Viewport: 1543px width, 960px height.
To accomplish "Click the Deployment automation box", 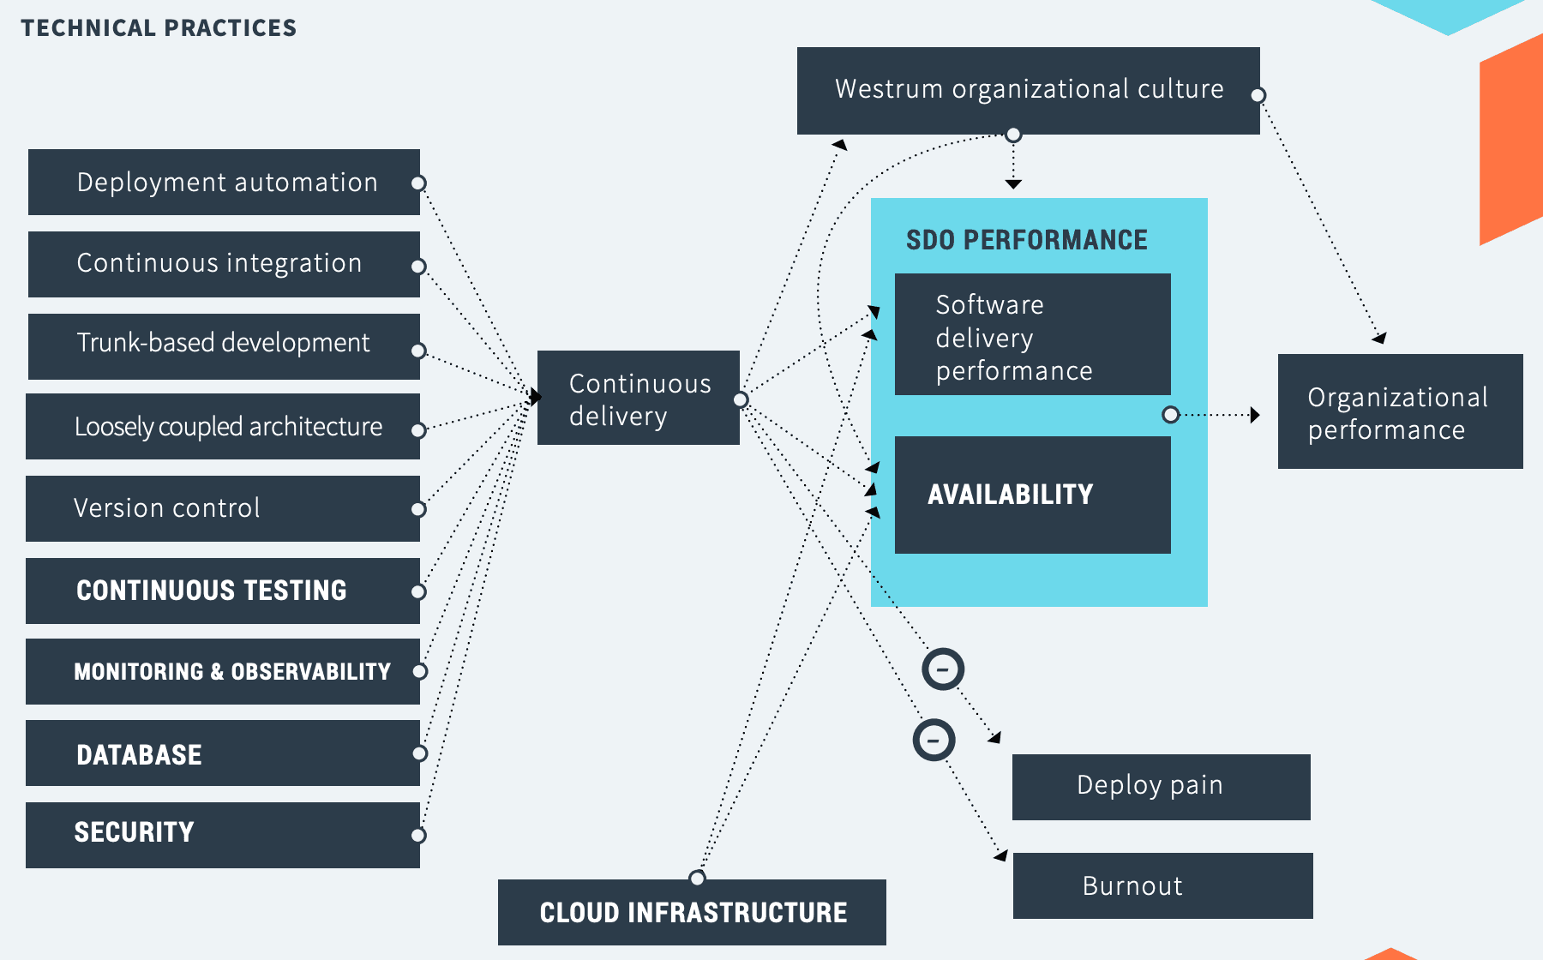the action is point(224,183).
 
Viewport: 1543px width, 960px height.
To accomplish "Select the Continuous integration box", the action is point(224,264).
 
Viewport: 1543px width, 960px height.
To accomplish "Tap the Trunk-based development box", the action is point(224,346).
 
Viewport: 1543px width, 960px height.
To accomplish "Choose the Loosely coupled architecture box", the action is point(223,426).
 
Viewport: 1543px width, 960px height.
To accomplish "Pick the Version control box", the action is point(223,508).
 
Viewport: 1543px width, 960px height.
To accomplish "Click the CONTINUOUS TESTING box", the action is point(223,591).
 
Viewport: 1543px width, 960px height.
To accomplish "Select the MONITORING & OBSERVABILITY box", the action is point(223,671).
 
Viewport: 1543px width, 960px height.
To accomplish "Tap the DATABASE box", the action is point(223,753).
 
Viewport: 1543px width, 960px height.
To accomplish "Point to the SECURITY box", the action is point(223,835).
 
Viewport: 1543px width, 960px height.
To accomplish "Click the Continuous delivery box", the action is point(639,398).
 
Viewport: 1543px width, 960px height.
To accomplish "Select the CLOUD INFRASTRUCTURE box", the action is point(692,912).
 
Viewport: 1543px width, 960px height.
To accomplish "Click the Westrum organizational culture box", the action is point(1029,91).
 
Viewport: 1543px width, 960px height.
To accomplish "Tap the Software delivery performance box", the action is point(1033,334).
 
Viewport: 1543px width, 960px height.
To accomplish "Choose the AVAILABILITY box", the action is point(1033,495).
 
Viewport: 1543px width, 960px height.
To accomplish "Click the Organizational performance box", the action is point(1401,411).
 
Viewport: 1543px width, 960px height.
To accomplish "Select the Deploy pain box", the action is point(1162,787).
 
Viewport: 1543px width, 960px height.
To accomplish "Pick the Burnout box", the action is point(1163,885).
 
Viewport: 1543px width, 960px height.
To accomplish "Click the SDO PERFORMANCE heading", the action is point(1027,240).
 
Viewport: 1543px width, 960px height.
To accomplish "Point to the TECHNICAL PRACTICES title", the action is point(159,28).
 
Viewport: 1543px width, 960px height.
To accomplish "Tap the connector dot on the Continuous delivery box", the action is point(741,399).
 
